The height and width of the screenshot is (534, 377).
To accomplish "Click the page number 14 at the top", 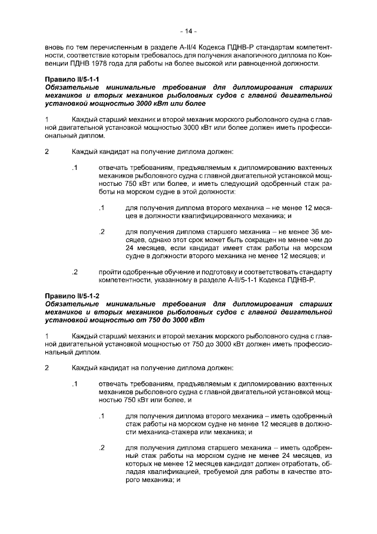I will coord(188,31).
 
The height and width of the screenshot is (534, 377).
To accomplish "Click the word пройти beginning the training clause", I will coord(111,272).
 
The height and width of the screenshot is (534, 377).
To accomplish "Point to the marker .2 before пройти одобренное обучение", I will coord(74,272).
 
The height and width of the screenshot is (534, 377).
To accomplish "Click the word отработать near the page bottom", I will coord(293,464).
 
